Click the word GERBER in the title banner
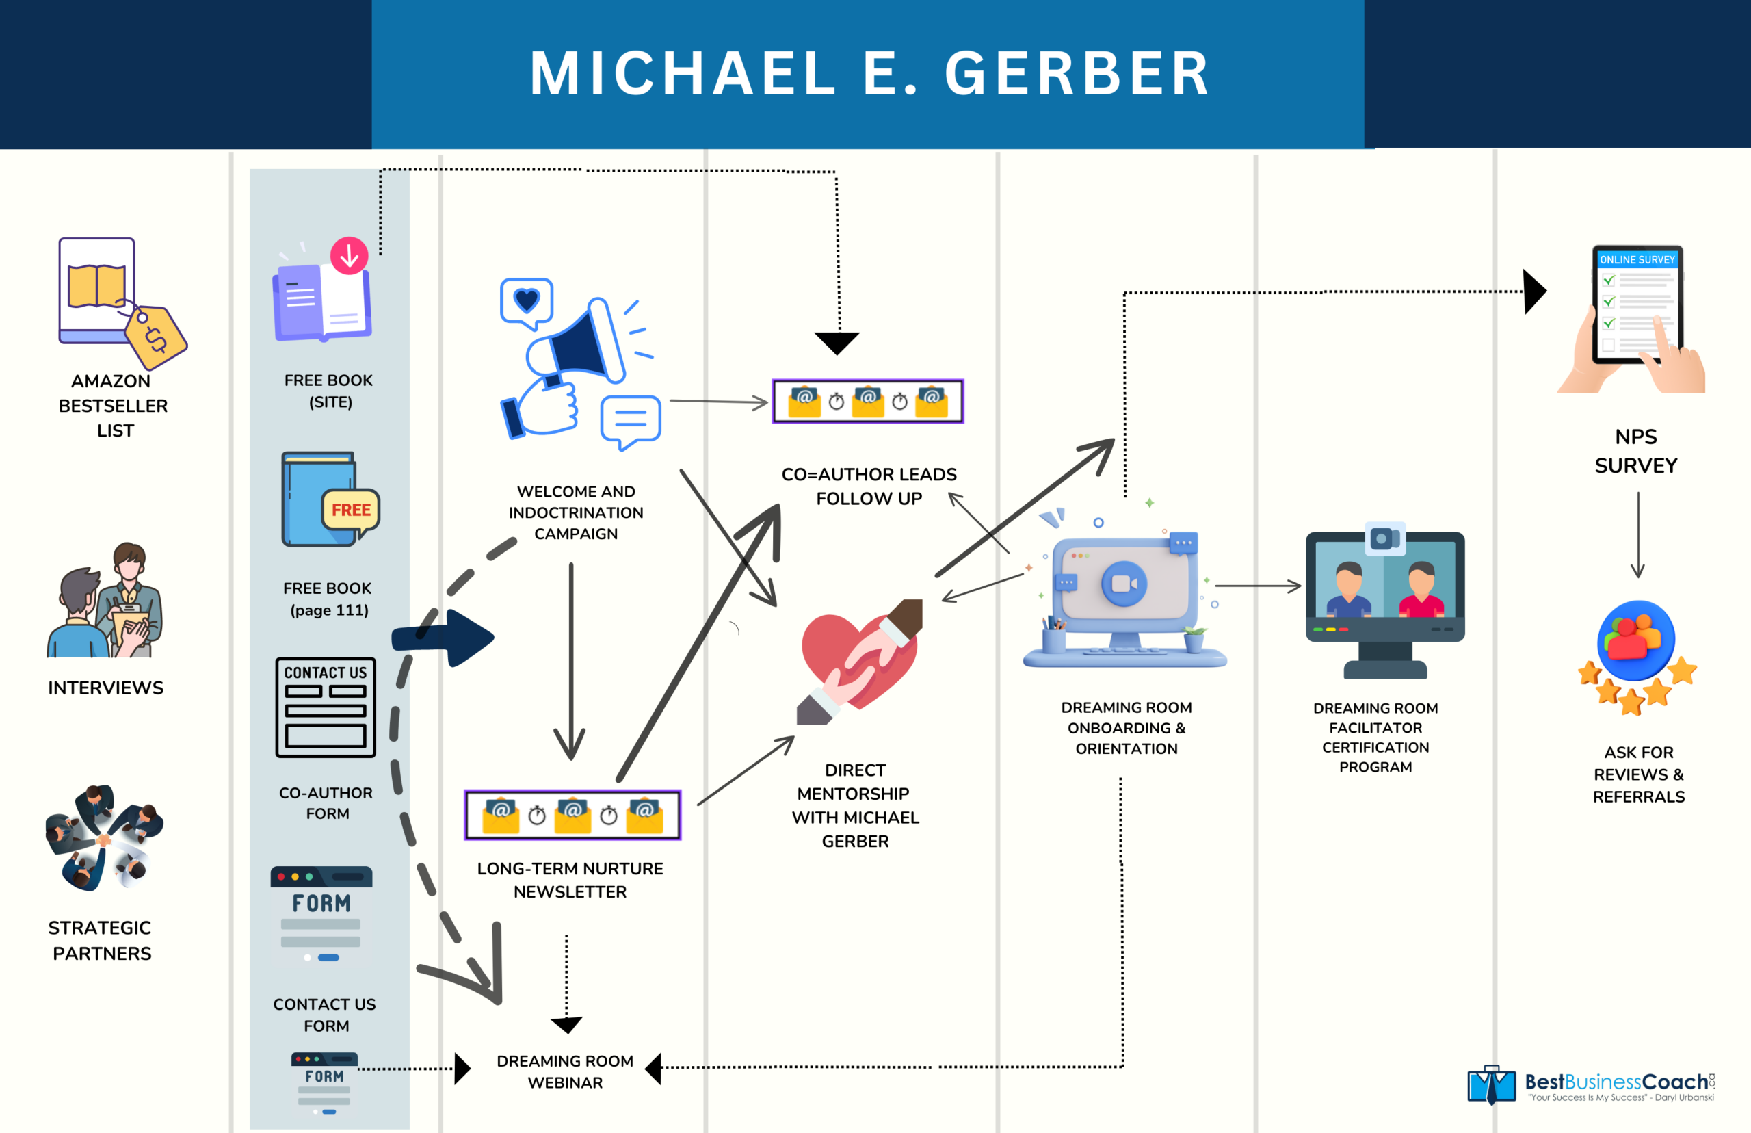pyautogui.click(x=1077, y=74)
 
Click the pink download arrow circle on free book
pyautogui.click(x=350, y=256)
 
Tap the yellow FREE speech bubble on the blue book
pyautogui.click(x=351, y=510)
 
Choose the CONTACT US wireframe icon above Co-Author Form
pyautogui.click(x=325, y=707)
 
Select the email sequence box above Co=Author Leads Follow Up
pyautogui.click(x=868, y=401)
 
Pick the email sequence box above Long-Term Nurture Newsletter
pyautogui.click(x=572, y=814)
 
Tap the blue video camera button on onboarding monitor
pyautogui.click(x=1124, y=584)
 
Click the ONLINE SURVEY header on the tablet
pyautogui.click(x=1637, y=260)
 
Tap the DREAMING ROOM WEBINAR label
pyautogui.click(x=565, y=1071)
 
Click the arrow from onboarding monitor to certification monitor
pyautogui.click(x=1258, y=586)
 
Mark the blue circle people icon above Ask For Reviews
pyautogui.click(x=1635, y=640)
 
